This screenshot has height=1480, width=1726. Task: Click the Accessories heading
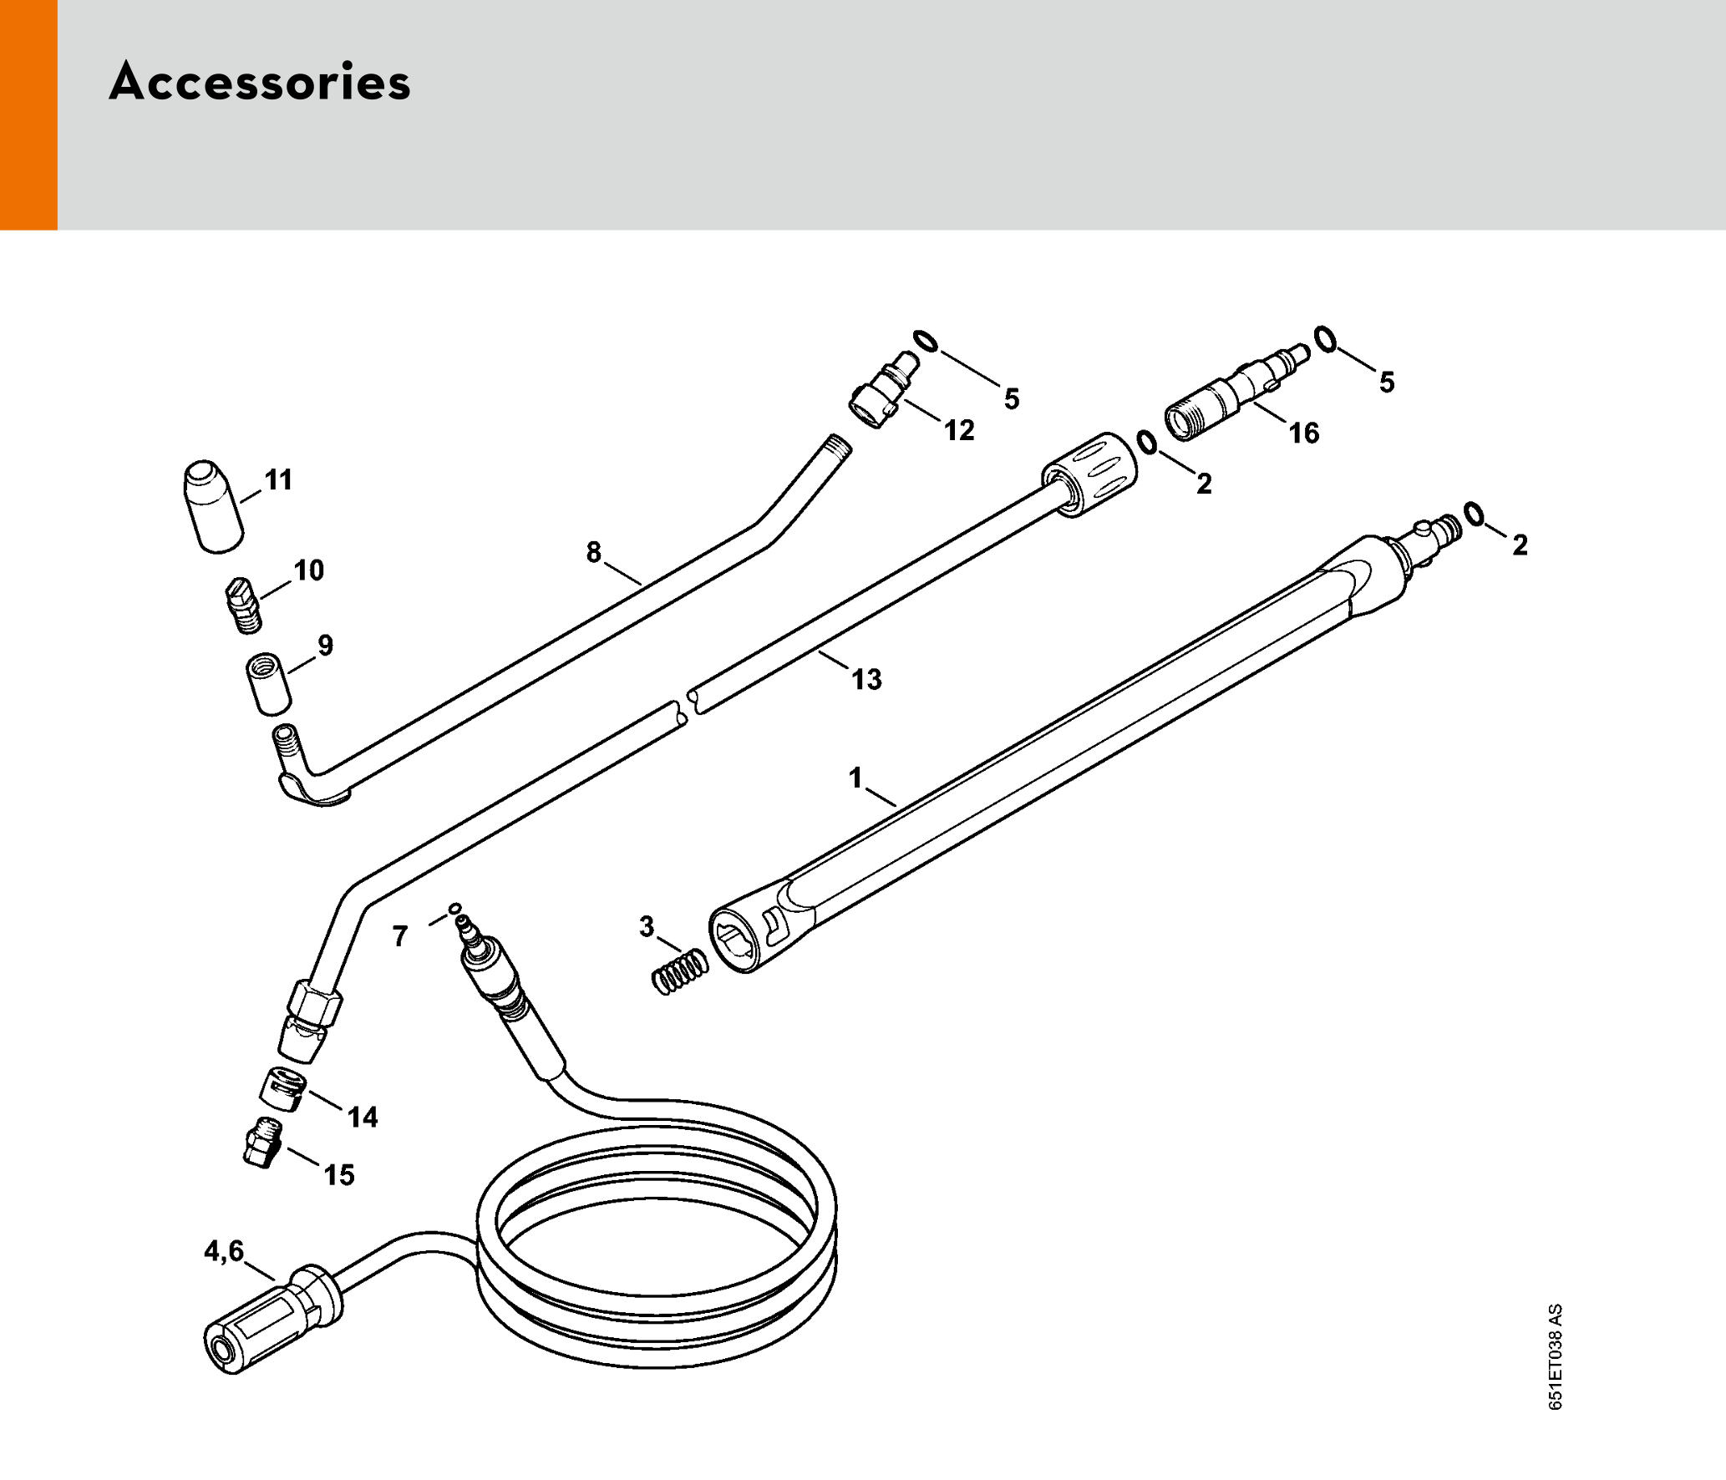[x=260, y=82]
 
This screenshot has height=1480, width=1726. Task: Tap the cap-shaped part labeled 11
[x=212, y=505]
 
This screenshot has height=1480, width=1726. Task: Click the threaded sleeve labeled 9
[x=268, y=684]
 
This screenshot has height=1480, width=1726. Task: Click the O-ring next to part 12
[x=926, y=342]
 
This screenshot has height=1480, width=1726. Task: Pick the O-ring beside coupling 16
[x=1325, y=339]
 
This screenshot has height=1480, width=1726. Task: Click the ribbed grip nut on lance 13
[x=1091, y=474]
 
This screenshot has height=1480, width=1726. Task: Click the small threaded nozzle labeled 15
[x=263, y=1143]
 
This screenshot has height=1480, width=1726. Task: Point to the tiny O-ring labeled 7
[x=455, y=908]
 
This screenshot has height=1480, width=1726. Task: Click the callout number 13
[x=866, y=679]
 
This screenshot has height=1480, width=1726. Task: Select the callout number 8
[x=593, y=552]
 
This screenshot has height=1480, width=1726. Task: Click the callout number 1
[x=855, y=778]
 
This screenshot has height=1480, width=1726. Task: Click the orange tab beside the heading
[x=28, y=114]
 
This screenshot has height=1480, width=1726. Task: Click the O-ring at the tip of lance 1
[x=1475, y=514]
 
